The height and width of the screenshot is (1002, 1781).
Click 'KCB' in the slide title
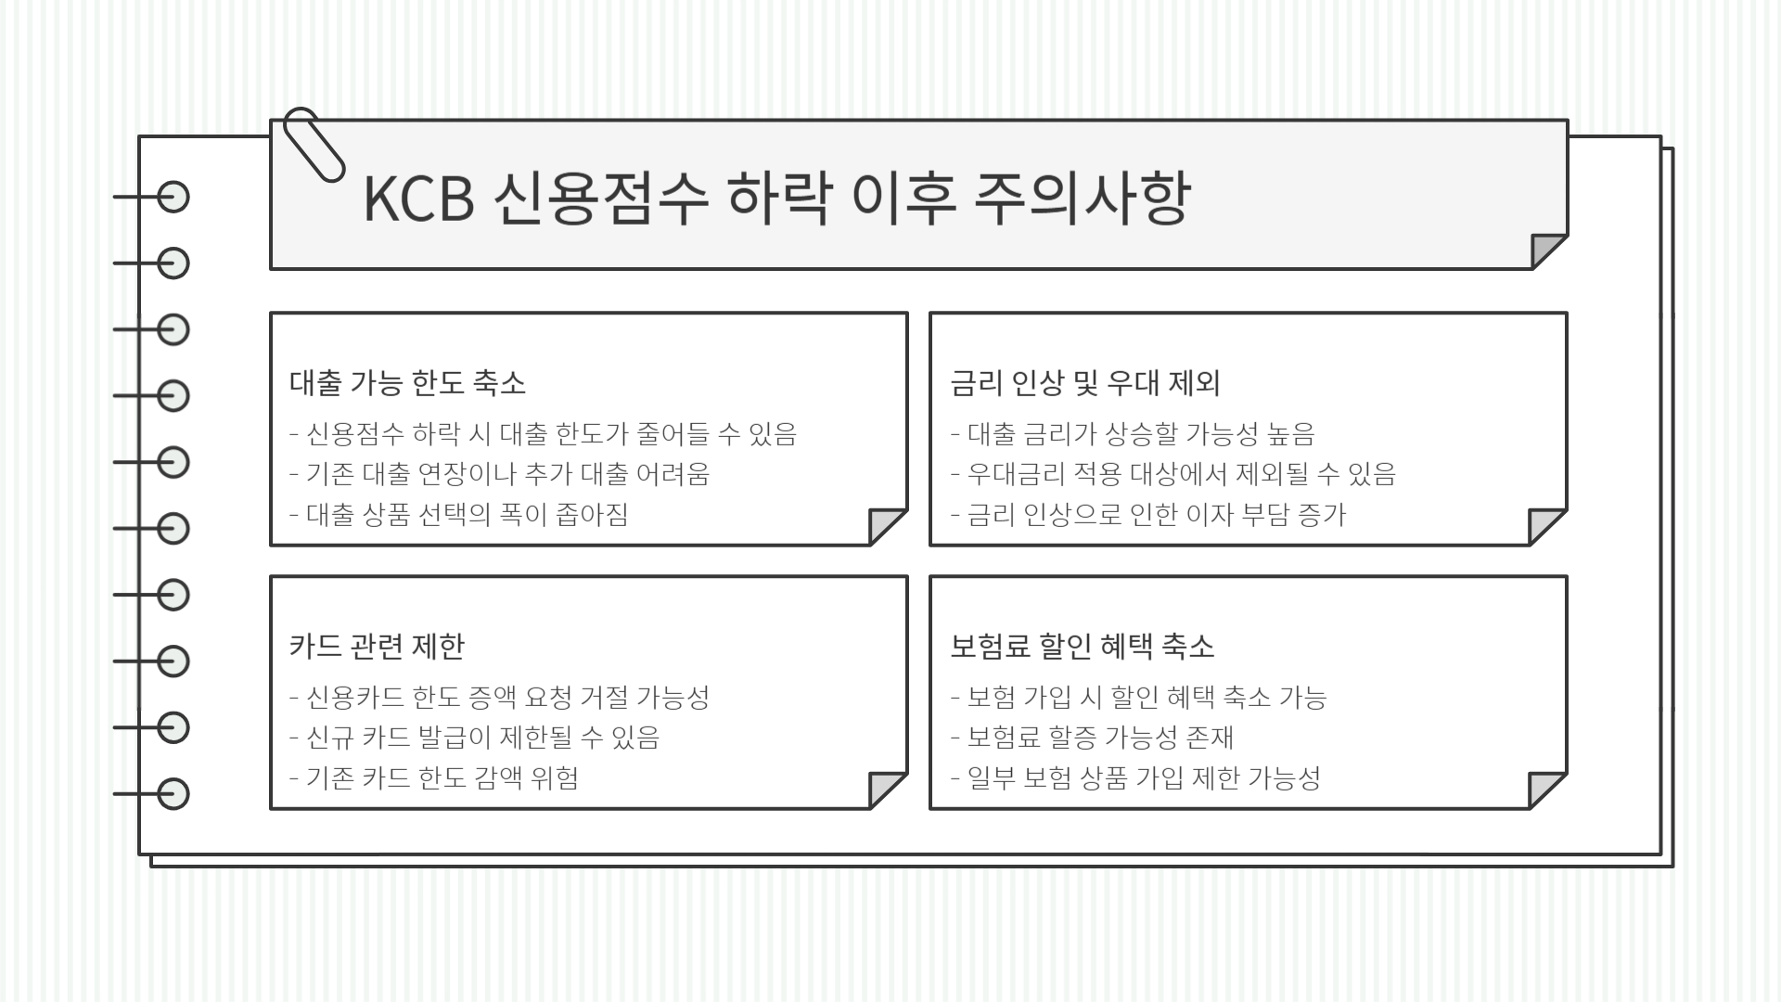click(418, 199)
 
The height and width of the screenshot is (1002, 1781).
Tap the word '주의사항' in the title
click(1081, 199)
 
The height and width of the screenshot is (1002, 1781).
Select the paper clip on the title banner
click(314, 144)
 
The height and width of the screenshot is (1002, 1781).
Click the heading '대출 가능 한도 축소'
click(407, 383)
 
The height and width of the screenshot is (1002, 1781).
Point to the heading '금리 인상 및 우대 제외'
click(1084, 383)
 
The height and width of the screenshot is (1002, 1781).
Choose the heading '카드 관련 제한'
click(377, 647)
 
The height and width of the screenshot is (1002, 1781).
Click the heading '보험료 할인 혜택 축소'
click(1082, 647)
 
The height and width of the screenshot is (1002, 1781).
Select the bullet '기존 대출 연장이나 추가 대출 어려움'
click(507, 474)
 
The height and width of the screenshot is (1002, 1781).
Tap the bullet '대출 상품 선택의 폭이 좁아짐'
click(467, 515)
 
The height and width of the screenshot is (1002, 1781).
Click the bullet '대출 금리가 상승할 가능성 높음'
click(1140, 433)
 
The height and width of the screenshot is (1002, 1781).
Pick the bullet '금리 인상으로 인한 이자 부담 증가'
click(1156, 515)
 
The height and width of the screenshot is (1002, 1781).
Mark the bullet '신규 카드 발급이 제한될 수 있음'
click(482, 738)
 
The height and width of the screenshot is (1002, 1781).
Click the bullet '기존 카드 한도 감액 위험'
click(442, 778)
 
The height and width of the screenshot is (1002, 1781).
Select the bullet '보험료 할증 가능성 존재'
click(1100, 738)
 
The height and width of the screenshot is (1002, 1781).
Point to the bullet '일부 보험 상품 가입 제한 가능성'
click(1143, 778)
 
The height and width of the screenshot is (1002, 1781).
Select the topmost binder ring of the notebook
click(173, 198)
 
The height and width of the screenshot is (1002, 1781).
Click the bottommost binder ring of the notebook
click(173, 794)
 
